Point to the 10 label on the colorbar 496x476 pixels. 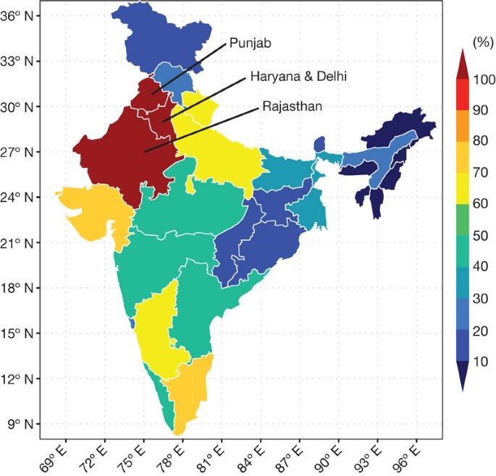point(481,361)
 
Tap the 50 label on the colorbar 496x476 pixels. point(481,235)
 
